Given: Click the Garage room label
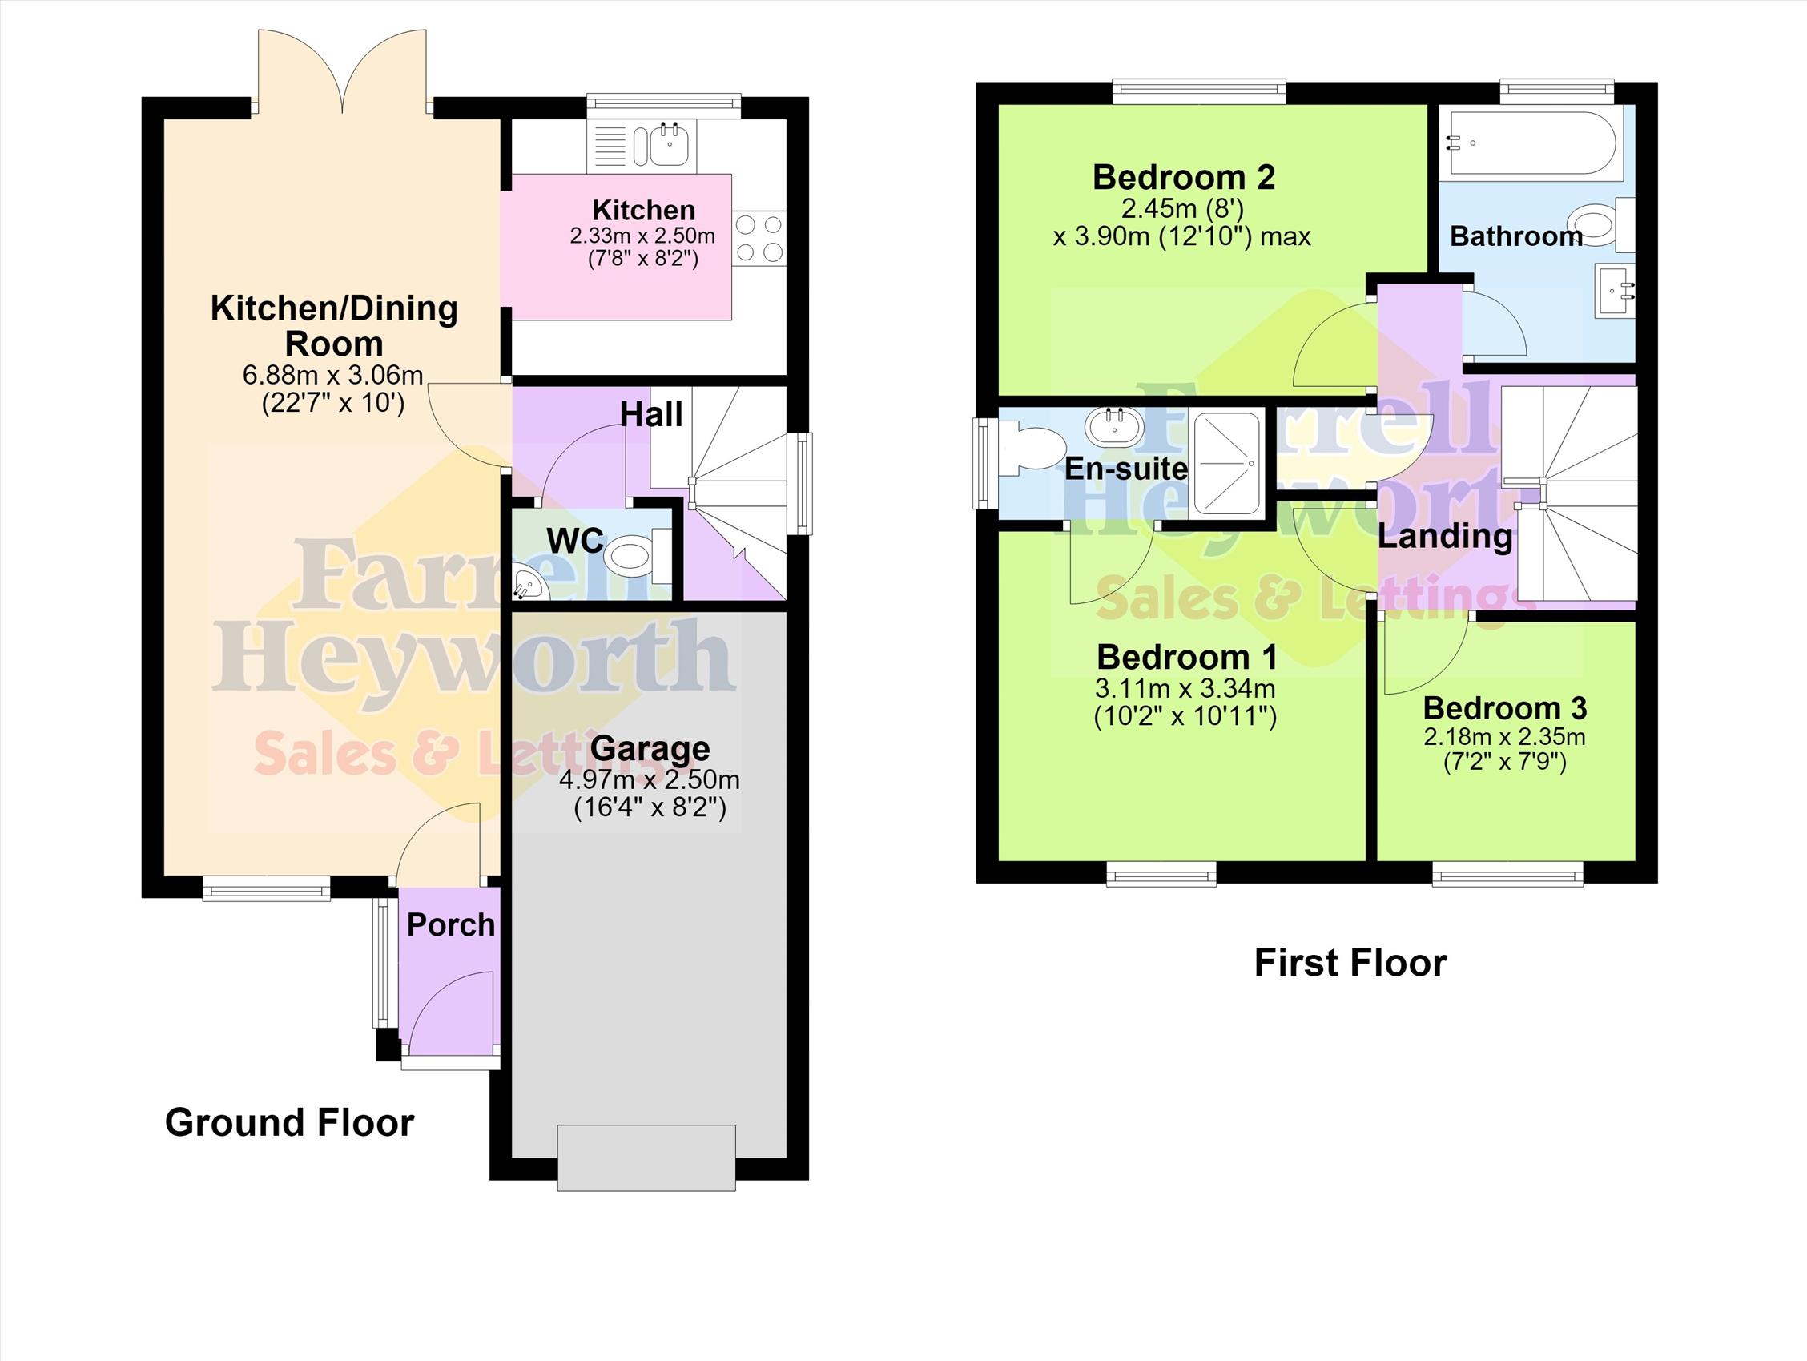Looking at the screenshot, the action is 650,748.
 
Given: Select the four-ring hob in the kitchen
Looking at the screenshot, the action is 759,238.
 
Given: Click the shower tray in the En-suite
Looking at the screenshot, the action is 1227,464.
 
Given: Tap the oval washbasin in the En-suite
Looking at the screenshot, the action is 1113,426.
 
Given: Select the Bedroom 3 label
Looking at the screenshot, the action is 1504,707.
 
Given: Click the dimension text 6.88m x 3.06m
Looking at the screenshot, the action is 333,375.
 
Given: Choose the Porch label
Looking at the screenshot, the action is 451,924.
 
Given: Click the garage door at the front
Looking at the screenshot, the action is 646,1158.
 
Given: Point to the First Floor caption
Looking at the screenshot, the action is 1350,963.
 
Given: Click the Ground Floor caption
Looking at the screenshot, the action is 290,1123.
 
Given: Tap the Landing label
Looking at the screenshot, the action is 1445,537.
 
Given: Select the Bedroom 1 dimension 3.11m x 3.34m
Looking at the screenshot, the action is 1185,689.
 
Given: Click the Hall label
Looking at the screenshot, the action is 651,414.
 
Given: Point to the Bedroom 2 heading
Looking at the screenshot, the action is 1184,177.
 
